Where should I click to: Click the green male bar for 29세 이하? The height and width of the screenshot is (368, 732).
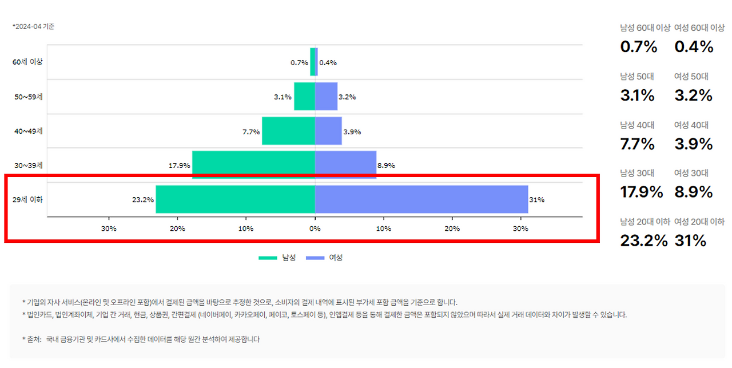click(235, 199)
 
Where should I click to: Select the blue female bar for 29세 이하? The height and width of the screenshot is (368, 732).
click(421, 199)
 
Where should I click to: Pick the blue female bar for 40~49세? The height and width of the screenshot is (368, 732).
click(328, 131)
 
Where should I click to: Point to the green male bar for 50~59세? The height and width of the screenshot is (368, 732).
click(304, 97)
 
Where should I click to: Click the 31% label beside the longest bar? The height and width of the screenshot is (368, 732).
click(537, 200)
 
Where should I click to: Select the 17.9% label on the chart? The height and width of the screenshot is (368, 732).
click(180, 166)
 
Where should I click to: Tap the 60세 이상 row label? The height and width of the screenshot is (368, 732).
click(28, 62)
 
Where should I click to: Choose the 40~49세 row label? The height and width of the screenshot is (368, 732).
click(28, 131)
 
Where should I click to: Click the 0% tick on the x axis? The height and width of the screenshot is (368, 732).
click(315, 229)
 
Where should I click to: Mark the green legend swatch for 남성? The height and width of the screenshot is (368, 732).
click(268, 258)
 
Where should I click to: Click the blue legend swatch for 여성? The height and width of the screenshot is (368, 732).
click(315, 258)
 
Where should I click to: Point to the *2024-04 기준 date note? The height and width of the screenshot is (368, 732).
click(33, 26)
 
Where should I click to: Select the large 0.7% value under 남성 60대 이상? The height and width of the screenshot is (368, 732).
click(639, 47)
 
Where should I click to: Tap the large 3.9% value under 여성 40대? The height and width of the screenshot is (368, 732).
click(693, 144)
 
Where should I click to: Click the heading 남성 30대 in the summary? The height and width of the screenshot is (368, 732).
click(637, 173)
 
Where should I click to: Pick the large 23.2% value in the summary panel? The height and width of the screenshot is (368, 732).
click(643, 241)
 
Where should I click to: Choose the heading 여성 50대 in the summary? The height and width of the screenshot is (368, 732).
click(691, 77)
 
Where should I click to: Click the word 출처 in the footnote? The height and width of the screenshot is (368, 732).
click(34, 339)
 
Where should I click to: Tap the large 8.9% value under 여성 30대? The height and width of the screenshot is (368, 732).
click(693, 192)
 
